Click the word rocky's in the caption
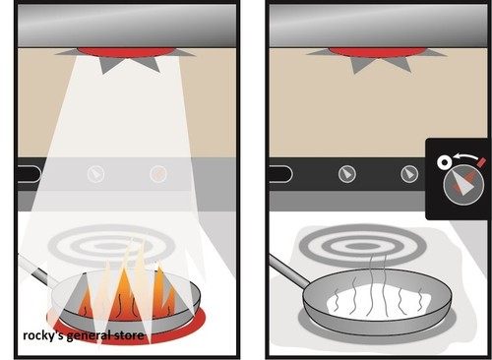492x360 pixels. click(x=44, y=336)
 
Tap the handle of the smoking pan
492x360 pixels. click(x=286, y=270)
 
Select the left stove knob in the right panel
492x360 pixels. click(x=346, y=174)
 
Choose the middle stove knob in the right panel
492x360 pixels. click(x=409, y=174)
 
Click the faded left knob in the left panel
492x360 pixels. click(x=95, y=174)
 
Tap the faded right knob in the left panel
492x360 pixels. click(x=157, y=174)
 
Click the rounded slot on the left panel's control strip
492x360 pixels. click(x=29, y=174)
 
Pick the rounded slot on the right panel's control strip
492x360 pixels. click(x=279, y=174)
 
